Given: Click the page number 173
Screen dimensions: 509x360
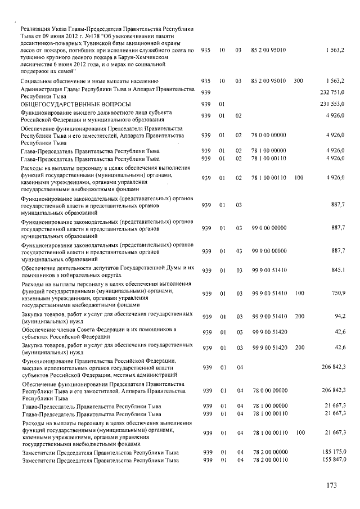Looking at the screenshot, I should coord(334,484).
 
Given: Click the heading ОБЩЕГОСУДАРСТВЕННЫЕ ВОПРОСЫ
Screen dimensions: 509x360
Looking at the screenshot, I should coord(75,105).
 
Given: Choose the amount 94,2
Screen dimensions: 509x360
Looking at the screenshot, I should coord(339,317).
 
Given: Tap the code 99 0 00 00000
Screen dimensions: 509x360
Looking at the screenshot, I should coord(269,228).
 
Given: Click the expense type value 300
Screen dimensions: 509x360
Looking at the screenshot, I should coord(298,81).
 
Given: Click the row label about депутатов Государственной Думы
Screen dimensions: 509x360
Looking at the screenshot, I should coord(107,271).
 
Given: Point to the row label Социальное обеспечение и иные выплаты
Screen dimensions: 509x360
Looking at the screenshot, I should coord(89,82).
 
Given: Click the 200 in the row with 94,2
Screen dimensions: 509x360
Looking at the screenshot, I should coord(299,317).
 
